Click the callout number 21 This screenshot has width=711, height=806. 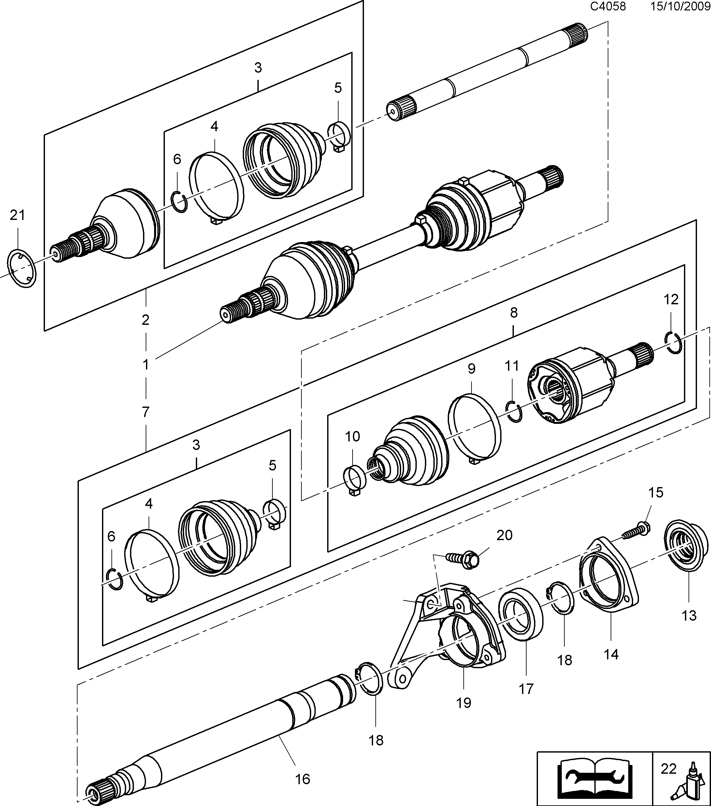tap(17, 215)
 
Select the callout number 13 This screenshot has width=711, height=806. tap(689, 615)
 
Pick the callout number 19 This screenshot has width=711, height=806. tap(464, 703)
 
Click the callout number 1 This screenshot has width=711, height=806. tap(146, 365)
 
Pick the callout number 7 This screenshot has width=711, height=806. tap(146, 412)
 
